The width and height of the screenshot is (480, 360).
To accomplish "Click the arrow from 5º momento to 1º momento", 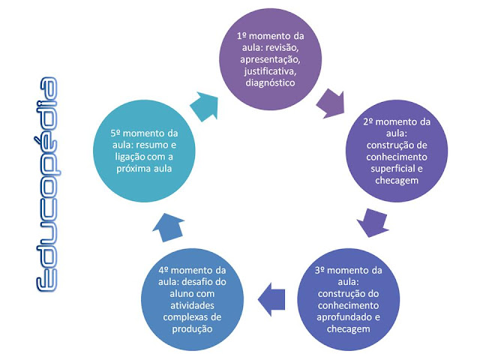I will (x=205, y=104).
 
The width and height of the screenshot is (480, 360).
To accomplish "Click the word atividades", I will (x=179, y=306).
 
